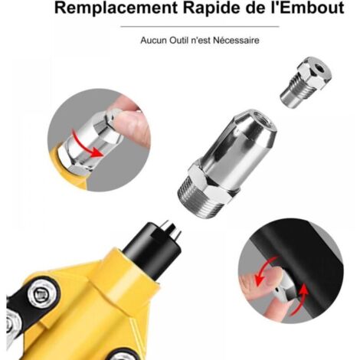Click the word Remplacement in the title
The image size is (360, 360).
pyautogui.click(x=116, y=8)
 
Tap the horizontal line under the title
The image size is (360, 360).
pyautogui.click(x=200, y=26)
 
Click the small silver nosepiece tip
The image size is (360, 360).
pyautogui.click(x=306, y=82)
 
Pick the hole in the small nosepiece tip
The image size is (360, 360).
pyautogui.click(x=319, y=68)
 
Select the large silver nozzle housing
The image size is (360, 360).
pyautogui.click(x=227, y=163)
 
